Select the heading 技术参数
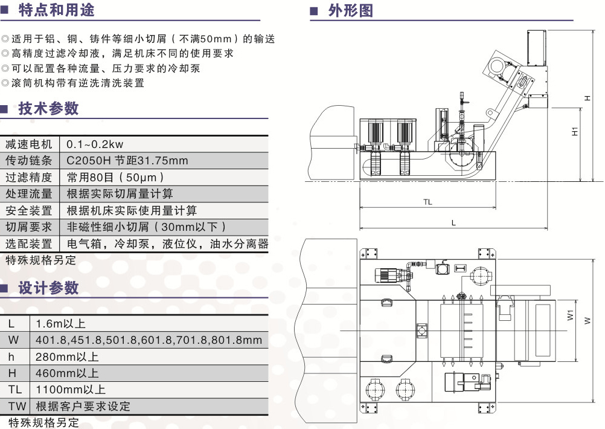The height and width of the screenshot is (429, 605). point(48,109)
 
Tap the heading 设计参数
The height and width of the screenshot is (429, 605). point(48,288)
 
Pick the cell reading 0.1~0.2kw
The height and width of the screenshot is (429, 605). point(95,144)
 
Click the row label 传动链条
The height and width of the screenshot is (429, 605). point(29,161)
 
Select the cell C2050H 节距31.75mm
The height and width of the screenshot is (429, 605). point(127,161)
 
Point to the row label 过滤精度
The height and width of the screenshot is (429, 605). point(29,178)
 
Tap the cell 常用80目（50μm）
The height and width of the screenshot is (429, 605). point(115,178)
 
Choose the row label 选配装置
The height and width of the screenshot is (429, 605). point(29,244)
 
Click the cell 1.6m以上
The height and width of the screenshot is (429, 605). point(61,324)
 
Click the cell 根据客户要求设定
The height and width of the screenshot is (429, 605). point(83,406)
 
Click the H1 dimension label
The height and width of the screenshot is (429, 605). point(575,131)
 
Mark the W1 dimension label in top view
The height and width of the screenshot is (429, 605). point(571,315)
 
